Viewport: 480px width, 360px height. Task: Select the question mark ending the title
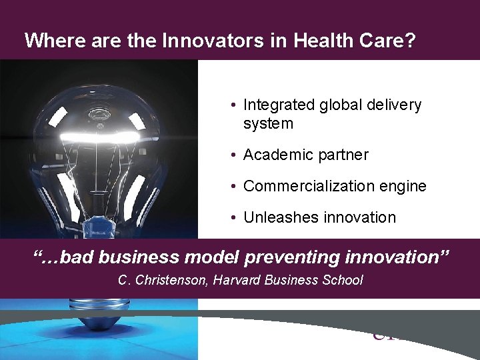click(x=410, y=41)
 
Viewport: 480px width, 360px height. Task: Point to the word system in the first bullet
click(x=268, y=124)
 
